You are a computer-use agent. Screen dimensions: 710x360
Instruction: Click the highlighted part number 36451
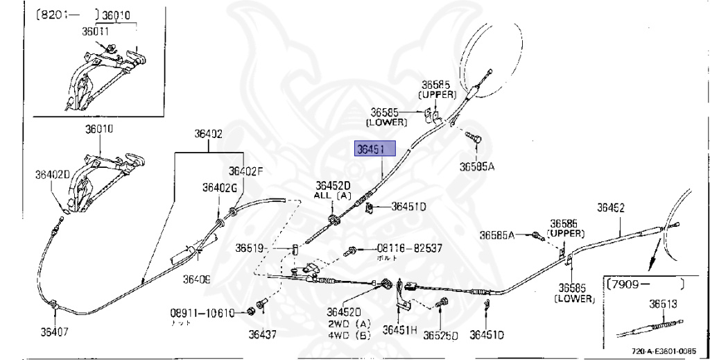pyautogui.click(x=374, y=150)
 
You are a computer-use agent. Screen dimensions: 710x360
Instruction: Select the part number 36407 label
pyautogui.click(x=53, y=331)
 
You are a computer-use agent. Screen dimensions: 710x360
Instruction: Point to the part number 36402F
pyautogui.click(x=246, y=171)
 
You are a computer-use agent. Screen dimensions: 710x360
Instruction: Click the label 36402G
pyautogui.click(x=220, y=187)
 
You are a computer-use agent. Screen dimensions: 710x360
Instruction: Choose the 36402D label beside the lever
pyautogui.click(x=53, y=176)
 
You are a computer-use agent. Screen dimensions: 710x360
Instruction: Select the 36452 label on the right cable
pyautogui.click(x=612, y=207)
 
